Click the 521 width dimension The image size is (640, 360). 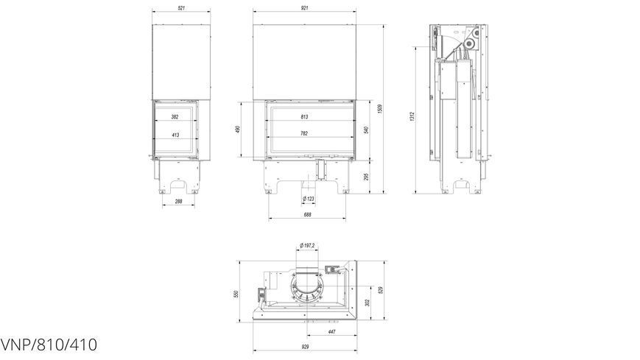[182, 8]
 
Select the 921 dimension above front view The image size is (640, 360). [304, 8]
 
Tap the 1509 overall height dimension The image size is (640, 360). [379, 109]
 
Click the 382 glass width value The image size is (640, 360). [175, 117]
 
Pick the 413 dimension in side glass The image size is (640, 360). [175, 135]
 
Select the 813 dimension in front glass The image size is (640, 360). [304, 117]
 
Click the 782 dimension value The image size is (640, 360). [303, 133]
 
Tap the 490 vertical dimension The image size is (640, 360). [238, 130]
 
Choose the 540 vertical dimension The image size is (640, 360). [367, 130]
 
